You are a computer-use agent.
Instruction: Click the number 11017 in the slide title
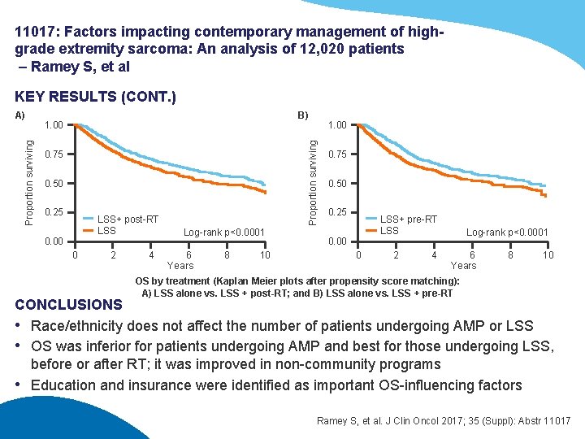pyautogui.click(x=37, y=32)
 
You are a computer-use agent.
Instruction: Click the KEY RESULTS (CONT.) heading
pyautogui.click(x=95, y=97)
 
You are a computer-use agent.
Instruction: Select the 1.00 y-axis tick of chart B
pyautogui.click(x=336, y=126)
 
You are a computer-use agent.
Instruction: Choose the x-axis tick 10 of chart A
pyautogui.click(x=265, y=255)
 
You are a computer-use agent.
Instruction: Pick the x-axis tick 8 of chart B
pyautogui.click(x=510, y=255)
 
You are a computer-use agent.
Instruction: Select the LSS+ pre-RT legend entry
pyautogui.click(x=409, y=219)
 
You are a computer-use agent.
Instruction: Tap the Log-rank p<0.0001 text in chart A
pyautogui.click(x=224, y=233)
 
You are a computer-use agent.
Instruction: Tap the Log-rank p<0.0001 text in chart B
pyautogui.click(x=507, y=233)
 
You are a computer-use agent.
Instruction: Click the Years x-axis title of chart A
pyautogui.click(x=180, y=266)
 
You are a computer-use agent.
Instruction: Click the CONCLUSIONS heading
pyautogui.click(x=68, y=305)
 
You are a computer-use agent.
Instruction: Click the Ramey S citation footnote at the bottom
pyautogui.click(x=444, y=421)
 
